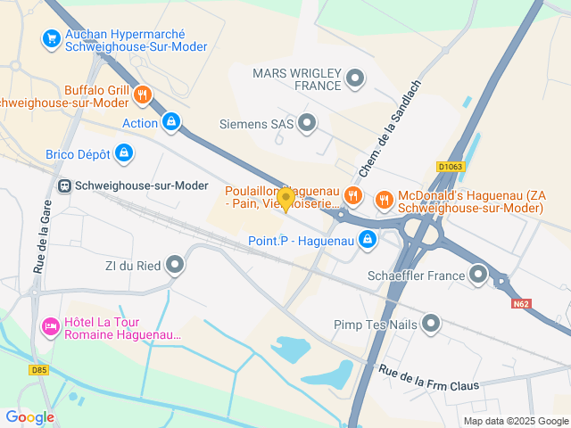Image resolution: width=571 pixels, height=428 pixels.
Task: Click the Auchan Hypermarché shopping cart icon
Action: point(50,38)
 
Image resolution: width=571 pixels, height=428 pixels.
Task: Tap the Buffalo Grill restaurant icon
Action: point(143,95)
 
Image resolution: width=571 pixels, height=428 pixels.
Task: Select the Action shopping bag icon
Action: point(171,122)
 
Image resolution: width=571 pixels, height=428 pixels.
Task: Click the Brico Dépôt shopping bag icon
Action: point(125,154)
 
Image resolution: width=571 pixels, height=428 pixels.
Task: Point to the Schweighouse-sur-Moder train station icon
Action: point(64,185)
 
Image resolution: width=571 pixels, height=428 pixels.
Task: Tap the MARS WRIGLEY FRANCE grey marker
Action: point(355,78)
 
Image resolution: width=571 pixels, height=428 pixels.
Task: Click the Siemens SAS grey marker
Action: point(307,123)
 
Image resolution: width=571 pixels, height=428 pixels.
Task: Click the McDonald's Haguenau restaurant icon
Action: point(385,200)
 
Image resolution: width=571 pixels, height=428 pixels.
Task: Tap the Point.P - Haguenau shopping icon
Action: point(368,239)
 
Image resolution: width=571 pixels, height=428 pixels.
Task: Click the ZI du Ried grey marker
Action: point(175,264)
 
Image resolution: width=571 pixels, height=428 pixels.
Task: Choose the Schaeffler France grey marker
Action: point(478,275)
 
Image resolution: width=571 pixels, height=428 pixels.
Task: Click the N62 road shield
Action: point(522,304)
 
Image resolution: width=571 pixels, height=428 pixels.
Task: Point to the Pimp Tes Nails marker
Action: point(432,324)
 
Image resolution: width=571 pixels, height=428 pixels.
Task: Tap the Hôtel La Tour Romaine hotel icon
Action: point(50,328)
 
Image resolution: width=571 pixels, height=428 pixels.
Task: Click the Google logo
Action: point(29,416)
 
